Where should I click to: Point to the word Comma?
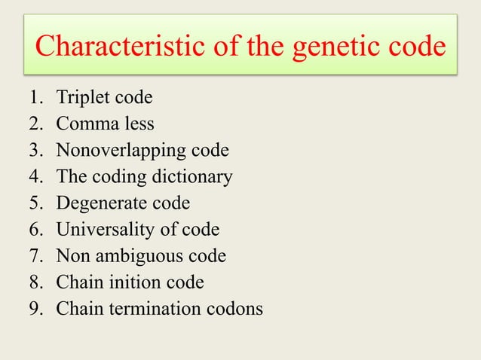point(85,124)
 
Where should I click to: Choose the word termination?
point(149,308)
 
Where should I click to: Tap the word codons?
point(234,308)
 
